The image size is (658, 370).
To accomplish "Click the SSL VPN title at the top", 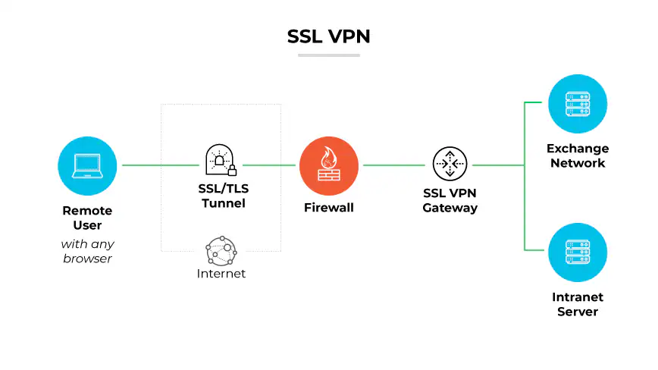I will pos(328,36).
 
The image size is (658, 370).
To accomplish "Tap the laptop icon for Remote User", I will pos(87,165).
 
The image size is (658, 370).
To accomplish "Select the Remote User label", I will pos(87,218).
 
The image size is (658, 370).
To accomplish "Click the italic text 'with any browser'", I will pos(87,251).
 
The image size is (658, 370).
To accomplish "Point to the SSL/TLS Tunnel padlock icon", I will pos(221,160).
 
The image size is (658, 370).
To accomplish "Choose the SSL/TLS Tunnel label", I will pos(221,196).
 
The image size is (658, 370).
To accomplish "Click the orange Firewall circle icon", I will pos(328,165).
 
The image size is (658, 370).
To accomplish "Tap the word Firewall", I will pos(328,207).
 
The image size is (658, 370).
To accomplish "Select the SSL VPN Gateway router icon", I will pos(450,165).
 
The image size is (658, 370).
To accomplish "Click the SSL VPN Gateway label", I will pos(450,200).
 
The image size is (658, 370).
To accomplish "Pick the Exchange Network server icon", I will pos(578,104).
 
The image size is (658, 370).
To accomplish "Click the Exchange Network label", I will pos(578,155).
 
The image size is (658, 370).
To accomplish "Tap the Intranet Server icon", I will pos(578,252).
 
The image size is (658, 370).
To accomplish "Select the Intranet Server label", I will pos(578,304).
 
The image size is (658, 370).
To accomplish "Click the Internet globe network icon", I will pos(221,249).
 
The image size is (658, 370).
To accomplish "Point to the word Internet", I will pos(221,274).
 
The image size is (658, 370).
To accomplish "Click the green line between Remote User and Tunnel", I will pos(159,165).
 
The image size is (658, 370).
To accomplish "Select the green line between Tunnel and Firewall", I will pos(268,165).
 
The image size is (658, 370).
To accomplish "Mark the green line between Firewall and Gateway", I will pos(393,165).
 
